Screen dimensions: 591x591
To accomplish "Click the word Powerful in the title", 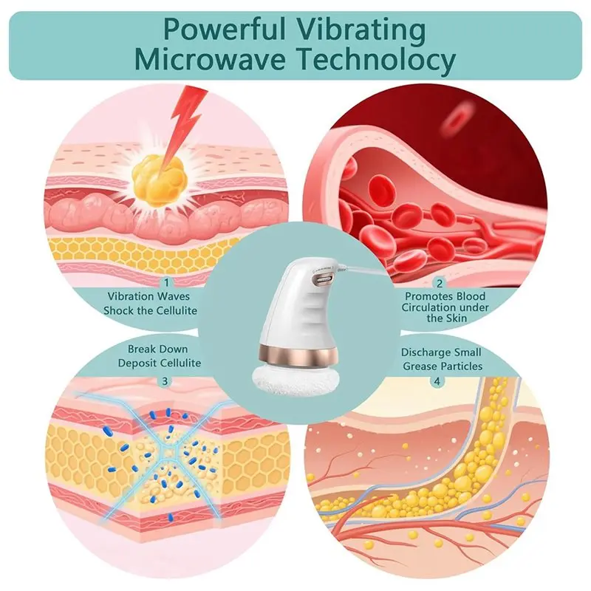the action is pyautogui.click(x=225, y=29).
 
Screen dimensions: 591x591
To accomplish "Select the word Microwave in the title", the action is pyautogui.click(x=210, y=59).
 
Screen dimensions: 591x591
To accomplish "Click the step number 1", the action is pyautogui.click(x=166, y=283).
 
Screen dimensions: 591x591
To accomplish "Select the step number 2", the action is pyautogui.click(x=439, y=283).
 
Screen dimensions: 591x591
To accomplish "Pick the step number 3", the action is pyautogui.click(x=165, y=381).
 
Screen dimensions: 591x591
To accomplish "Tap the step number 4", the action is pyautogui.click(x=437, y=381).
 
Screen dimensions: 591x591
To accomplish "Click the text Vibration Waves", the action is pyautogui.click(x=148, y=296).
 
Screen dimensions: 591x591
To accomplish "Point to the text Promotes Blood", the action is pyautogui.click(x=445, y=296).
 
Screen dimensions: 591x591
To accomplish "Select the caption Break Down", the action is pyautogui.click(x=157, y=349).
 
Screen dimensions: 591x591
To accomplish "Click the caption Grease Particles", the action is pyautogui.click(x=443, y=366).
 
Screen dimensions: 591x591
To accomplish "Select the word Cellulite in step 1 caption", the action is pyautogui.click(x=177, y=310).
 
